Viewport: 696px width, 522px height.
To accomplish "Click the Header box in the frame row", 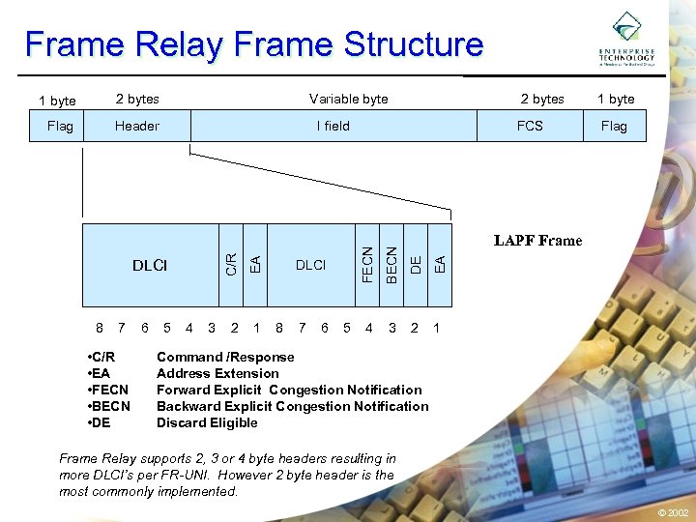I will (137, 126).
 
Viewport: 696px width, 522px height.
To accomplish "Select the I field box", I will (333, 126).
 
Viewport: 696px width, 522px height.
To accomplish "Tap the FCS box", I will (530, 126).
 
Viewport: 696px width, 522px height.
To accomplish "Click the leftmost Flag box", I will (60, 126).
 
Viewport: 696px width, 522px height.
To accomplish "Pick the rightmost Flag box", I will (614, 126).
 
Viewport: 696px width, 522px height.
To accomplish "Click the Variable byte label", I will (348, 99).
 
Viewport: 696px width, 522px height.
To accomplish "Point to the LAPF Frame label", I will (537, 241).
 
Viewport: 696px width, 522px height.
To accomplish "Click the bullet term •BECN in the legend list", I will (107, 406).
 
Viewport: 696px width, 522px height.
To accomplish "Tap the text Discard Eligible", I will (207, 422).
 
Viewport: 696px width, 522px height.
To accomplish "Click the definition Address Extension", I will (217, 373).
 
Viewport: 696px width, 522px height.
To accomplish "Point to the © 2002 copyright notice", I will (673, 512).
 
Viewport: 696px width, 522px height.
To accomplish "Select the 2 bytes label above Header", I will (137, 99).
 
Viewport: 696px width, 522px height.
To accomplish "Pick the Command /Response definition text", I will (225, 357).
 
